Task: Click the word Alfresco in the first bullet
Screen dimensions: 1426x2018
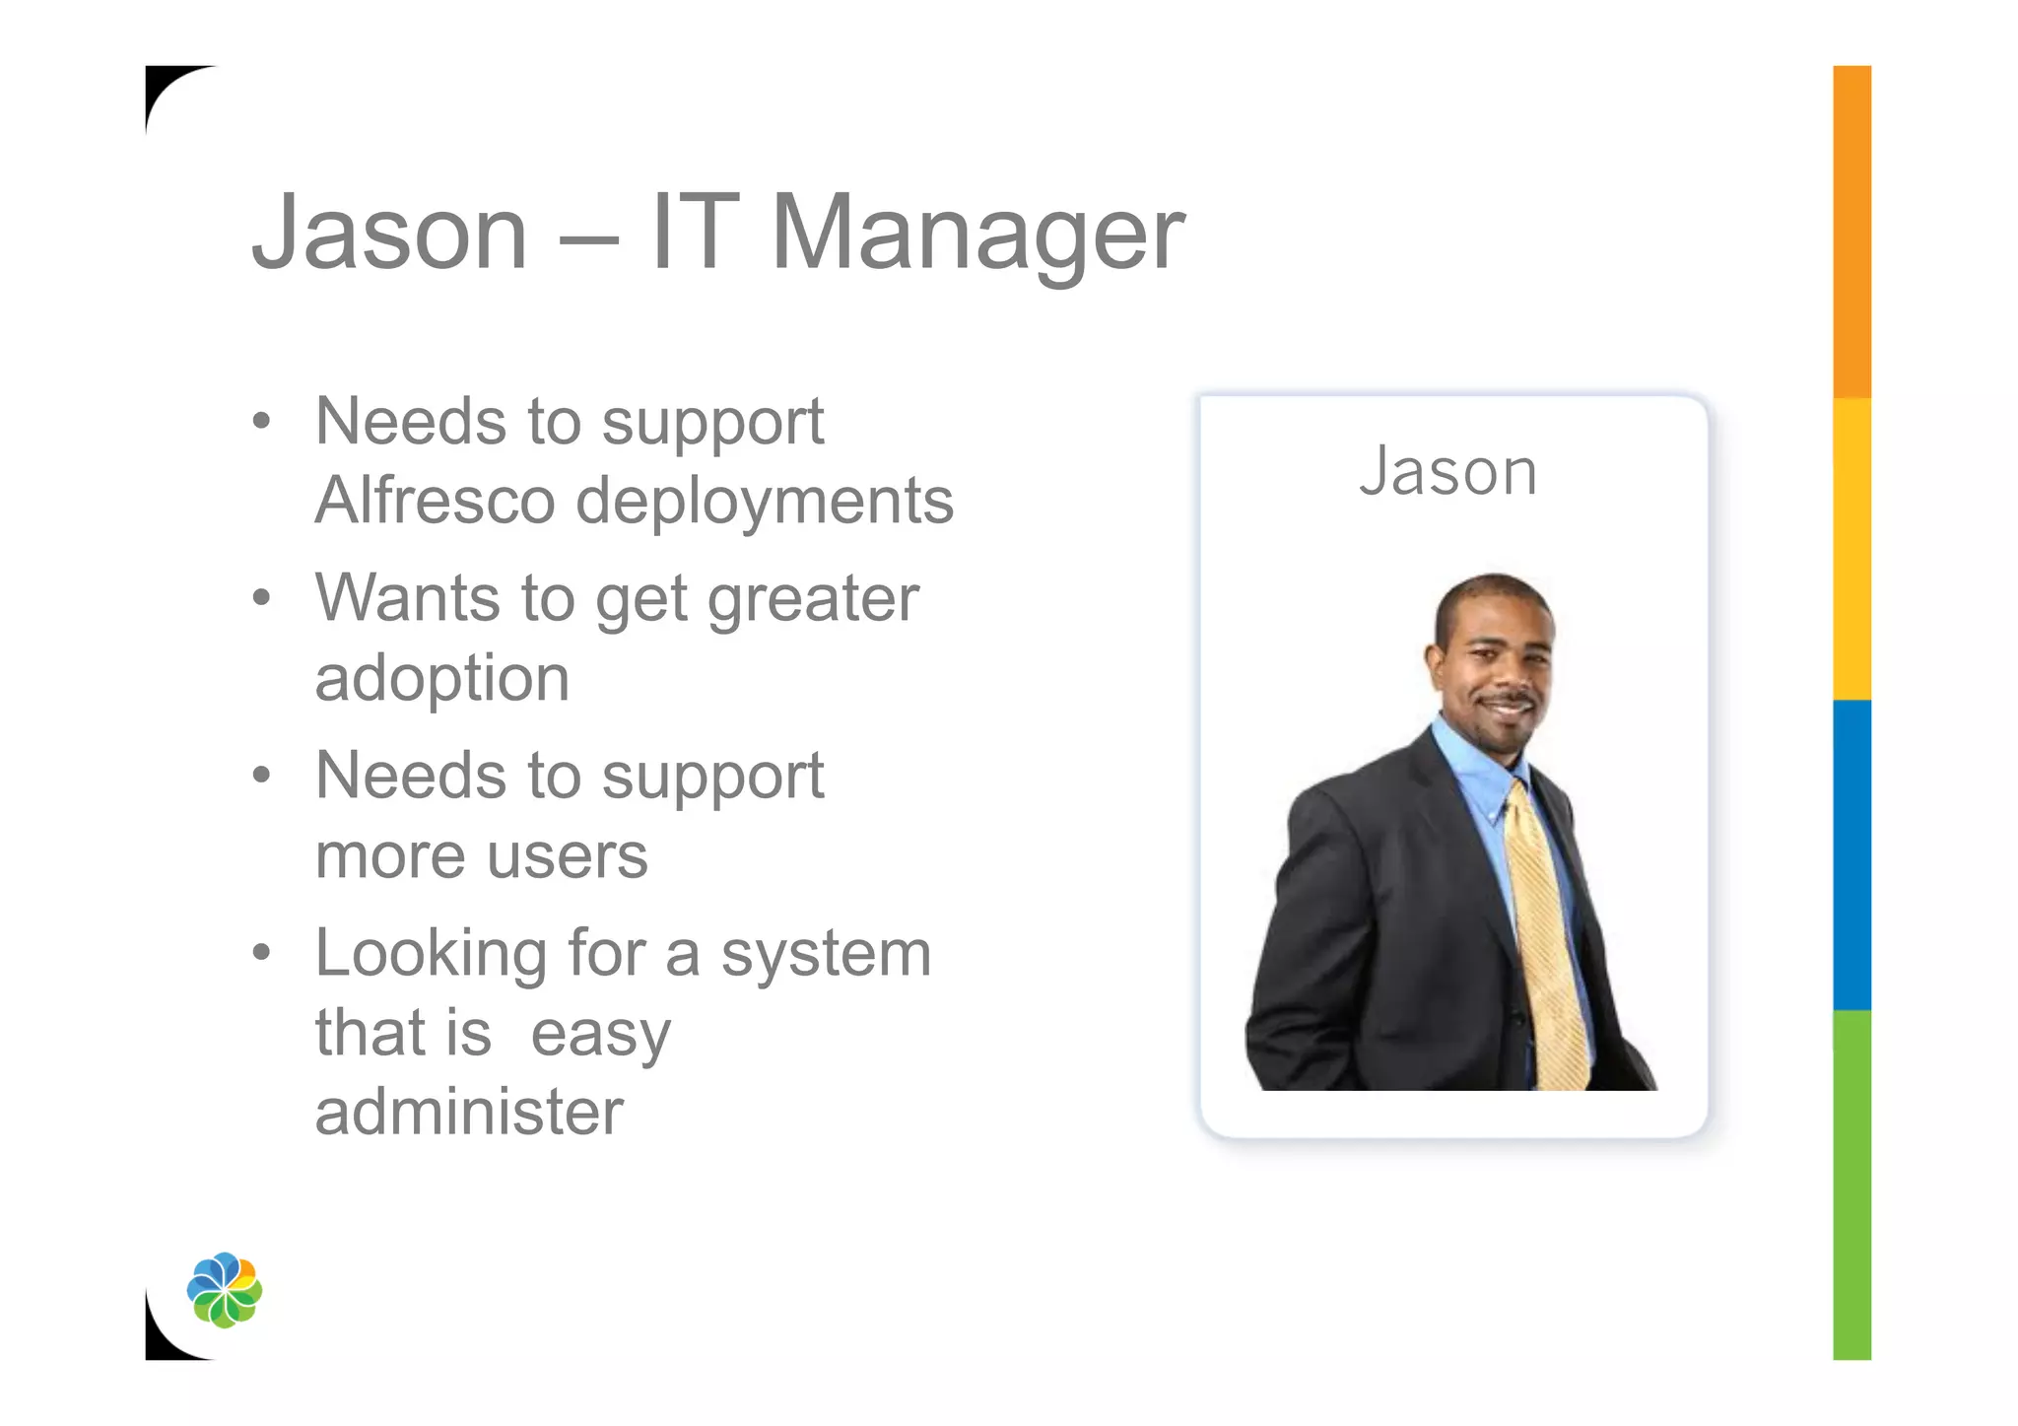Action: pos(435,501)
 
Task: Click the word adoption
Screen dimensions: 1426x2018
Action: pos(442,680)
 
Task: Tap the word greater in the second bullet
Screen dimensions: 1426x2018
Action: pos(813,600)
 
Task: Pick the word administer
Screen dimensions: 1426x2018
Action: pos(469,1112)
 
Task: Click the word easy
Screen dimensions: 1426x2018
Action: pos(601,1035)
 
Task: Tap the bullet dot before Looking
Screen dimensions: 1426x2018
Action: pos(261,953)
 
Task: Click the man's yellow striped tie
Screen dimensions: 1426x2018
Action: pos(1547,936)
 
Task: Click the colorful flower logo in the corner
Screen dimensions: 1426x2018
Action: pos(225,1289)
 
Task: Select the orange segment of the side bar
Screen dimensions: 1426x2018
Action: pos(1851,232)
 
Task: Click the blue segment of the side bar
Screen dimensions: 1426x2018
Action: pos(1851,854)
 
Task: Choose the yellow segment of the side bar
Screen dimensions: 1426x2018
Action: pos(1851,549)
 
